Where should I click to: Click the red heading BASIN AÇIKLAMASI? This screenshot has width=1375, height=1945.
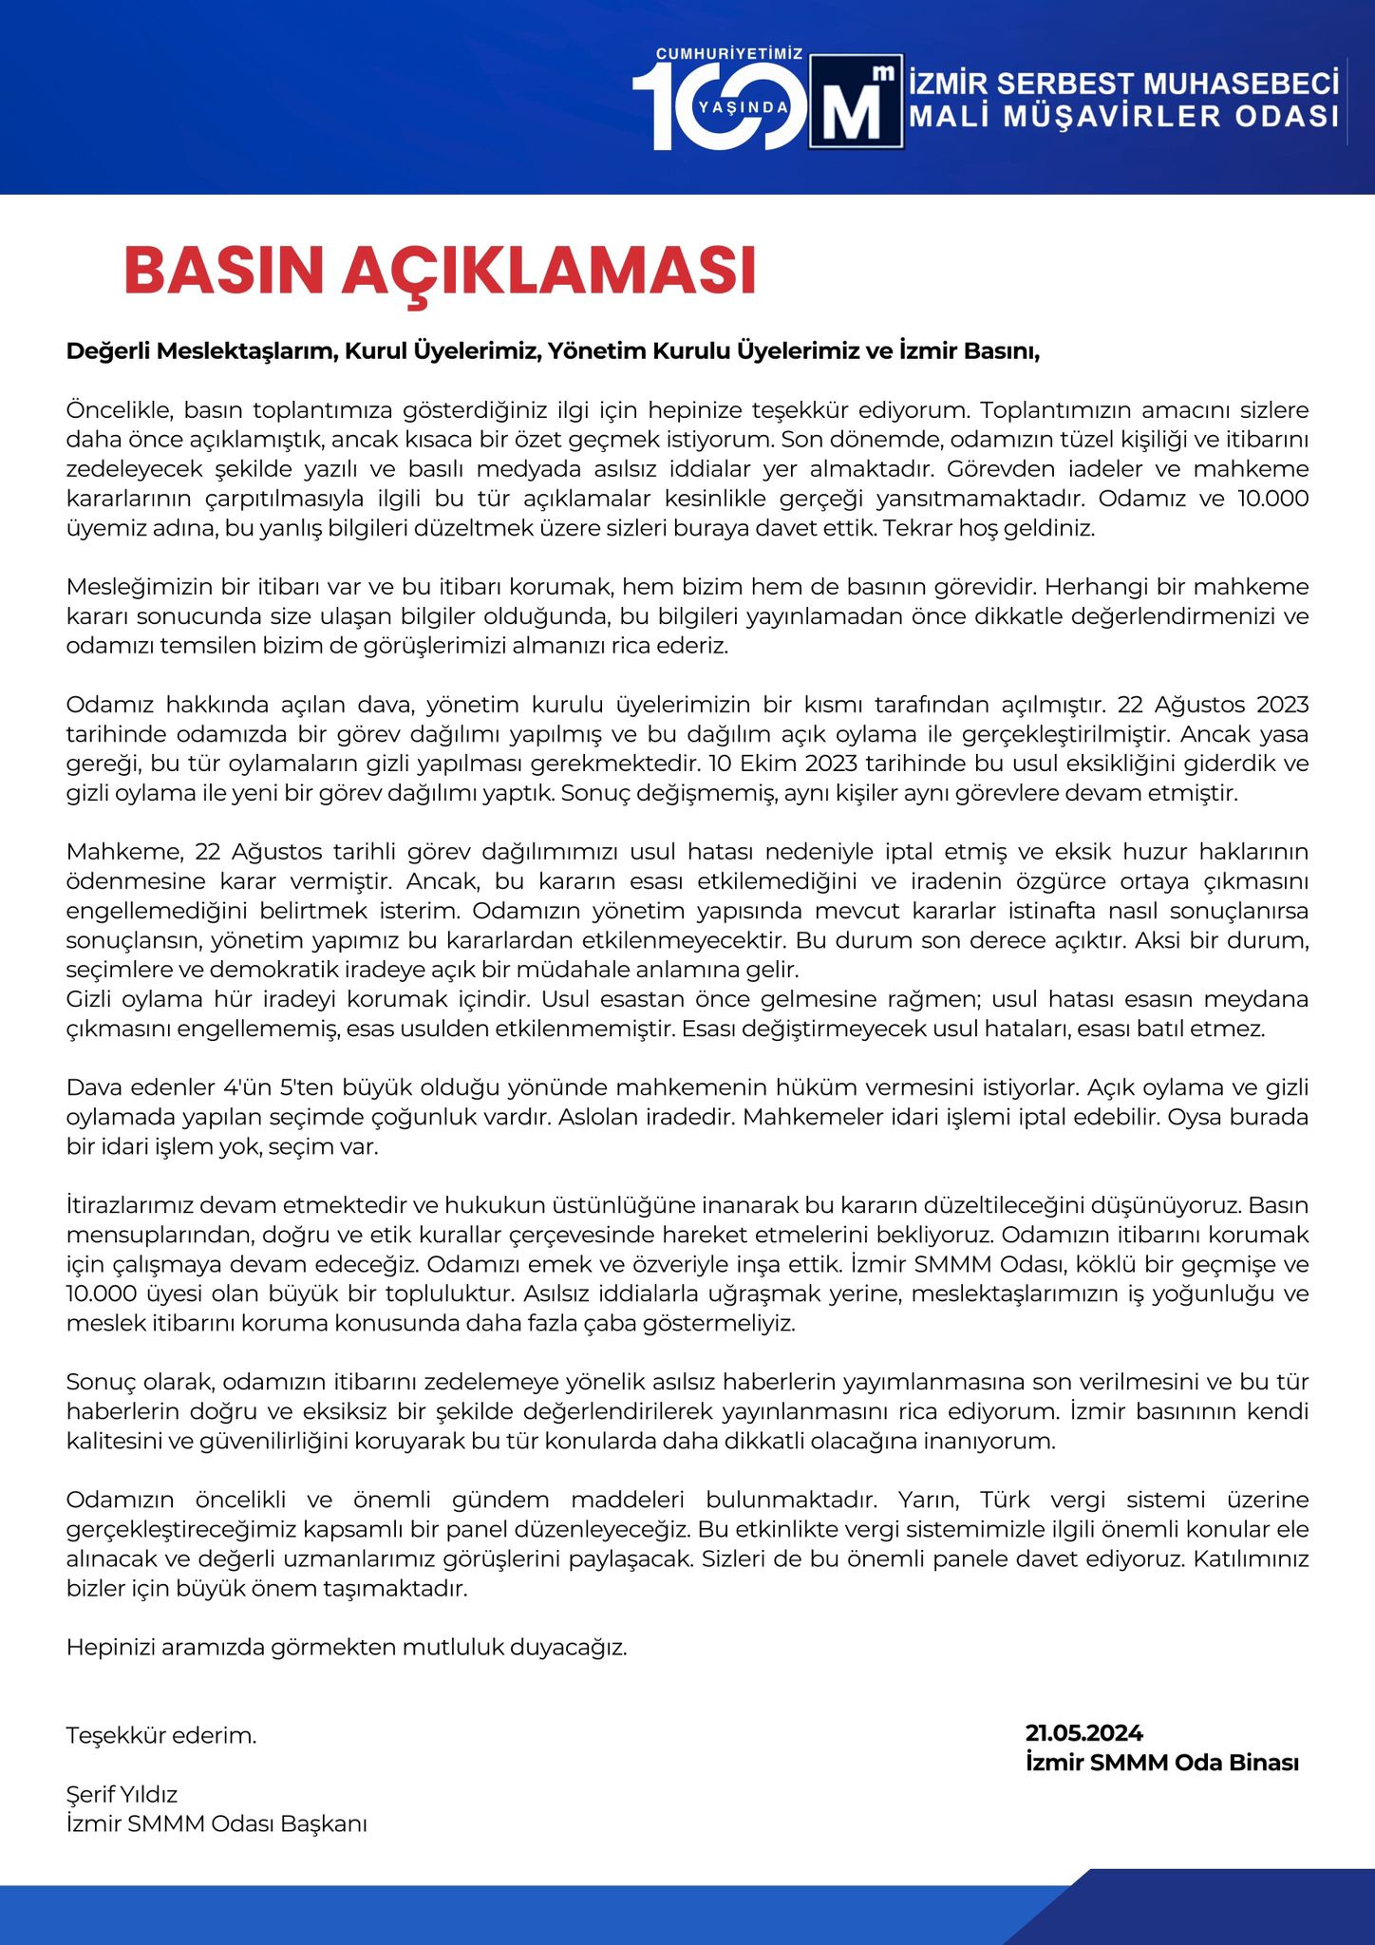(x=440, y=271)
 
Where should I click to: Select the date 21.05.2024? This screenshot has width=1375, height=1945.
(x=1083, y=1733)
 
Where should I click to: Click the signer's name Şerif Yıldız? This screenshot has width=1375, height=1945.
(x=122, y=1794)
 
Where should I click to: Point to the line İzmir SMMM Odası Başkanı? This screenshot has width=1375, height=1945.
(x=217, y=1823)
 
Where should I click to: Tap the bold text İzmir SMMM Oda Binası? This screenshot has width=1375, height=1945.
(x=1161, y=1763)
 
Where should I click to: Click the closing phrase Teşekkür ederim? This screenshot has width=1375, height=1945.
(x=161, y=1735)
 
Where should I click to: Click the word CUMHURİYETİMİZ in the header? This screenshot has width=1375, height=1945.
(x=729, y=54)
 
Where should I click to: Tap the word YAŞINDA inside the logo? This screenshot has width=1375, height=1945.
(x=744, y=106)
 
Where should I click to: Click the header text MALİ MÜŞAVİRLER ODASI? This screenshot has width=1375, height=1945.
(x=1124, y=116)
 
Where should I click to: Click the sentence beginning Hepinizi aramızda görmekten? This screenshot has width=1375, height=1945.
(x=347, y=1647)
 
